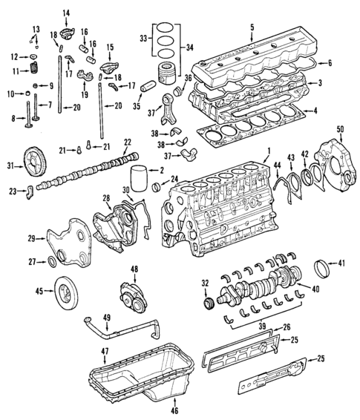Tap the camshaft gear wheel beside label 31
coord(32,162)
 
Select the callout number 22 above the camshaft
coord(128,142)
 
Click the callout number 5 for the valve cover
coord(252,28)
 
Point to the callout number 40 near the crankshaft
coord(316,289)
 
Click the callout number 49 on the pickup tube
coord(107,318)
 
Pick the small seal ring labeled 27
coord(52,260)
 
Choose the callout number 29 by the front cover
coord(31,237)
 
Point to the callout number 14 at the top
coord(65,13)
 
